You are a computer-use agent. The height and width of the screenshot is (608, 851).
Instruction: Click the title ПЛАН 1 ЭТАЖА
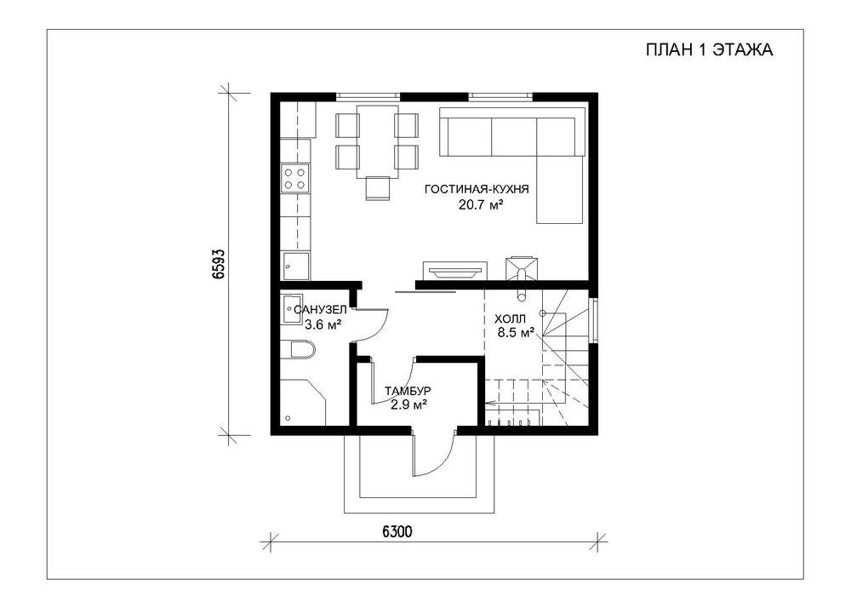tap(709, 50)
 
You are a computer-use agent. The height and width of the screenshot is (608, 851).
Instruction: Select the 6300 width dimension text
tap(397, 531)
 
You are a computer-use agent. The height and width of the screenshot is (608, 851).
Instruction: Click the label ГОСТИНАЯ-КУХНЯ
tap(477, 189)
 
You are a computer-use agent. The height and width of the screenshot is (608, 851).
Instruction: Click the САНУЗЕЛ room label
tap(320, 310)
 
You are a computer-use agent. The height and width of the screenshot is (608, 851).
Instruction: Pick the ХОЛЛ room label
tap(510, 318)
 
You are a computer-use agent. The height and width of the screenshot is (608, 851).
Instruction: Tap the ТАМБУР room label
tap(408, 391)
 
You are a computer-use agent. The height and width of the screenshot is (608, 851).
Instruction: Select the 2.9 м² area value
tap(408, 404)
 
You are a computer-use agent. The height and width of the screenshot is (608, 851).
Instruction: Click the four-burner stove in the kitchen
tap(294, 179)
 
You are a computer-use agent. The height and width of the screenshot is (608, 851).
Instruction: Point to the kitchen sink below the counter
tap(296, 266)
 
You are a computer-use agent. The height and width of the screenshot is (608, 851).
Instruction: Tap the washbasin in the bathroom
tap(292, 309)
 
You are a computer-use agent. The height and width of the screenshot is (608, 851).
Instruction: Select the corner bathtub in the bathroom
tap(303, 402)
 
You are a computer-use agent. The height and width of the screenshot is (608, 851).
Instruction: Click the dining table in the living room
tap(377, 141)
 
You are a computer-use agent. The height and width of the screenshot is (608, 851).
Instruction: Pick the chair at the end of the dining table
tap(378, 188)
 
